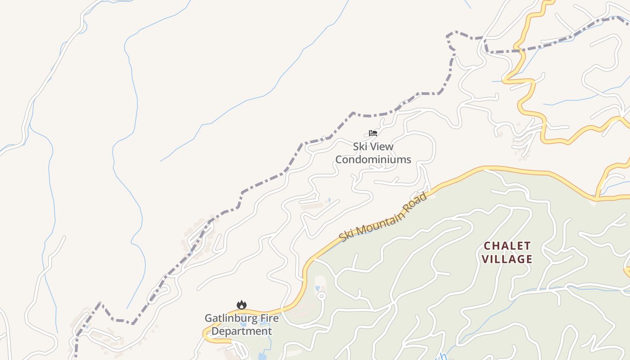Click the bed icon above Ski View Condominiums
tap(373, 133)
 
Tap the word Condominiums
tap(373, 160)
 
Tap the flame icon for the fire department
tap(242, 305)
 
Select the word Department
tap(242, 332)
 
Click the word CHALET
tap(507, 246)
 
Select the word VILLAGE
tap(507, 259)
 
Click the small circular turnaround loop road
tap(321, 296)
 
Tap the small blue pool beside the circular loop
tap(318, 288)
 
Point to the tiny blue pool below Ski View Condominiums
tap(329, 200)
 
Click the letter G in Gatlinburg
tap(208, 319)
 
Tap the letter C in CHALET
tap(487, 246)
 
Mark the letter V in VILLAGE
tap(485, 259)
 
